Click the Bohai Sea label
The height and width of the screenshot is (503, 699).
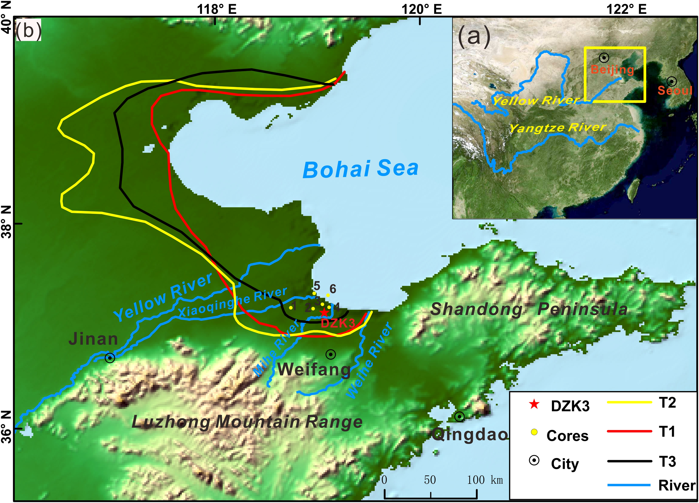click(x=361, y=169)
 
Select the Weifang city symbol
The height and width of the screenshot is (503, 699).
click(x=331, y=355)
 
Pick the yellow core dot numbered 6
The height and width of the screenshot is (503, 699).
click(x=328, y=295)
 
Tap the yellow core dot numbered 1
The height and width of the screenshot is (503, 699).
click(x=291, y=307)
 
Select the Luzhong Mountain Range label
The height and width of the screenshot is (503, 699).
click(x=247, y=422)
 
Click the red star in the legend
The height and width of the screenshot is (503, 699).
click(x=534, y=404)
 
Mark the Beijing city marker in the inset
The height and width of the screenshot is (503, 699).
click(x=604, y=57)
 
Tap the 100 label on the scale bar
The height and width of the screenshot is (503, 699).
click(x=476, y=480)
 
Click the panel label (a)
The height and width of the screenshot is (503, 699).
click(x=474, y=36)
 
